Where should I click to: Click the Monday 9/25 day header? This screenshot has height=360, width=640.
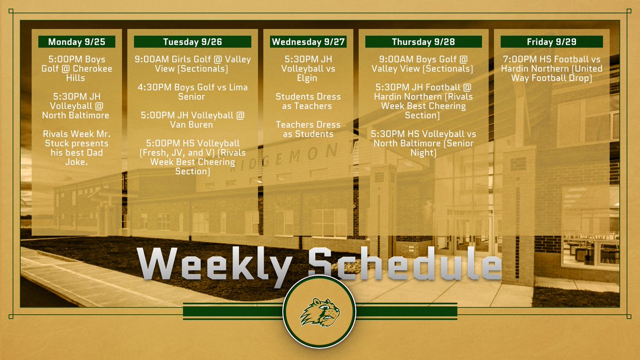76,42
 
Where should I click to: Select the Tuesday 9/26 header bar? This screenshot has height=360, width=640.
192,42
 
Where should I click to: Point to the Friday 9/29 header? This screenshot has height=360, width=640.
551,42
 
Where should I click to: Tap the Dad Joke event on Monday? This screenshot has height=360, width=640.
76,148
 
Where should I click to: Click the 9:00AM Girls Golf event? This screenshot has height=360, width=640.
192,64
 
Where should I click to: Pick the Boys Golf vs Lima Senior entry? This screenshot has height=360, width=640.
192,91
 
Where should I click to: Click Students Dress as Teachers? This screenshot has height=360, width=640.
308,101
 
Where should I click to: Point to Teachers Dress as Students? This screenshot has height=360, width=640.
308,129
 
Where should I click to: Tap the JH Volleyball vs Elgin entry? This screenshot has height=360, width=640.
308,68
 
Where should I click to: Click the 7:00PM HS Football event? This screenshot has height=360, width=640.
551,68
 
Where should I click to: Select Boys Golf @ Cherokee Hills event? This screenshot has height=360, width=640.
76,68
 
